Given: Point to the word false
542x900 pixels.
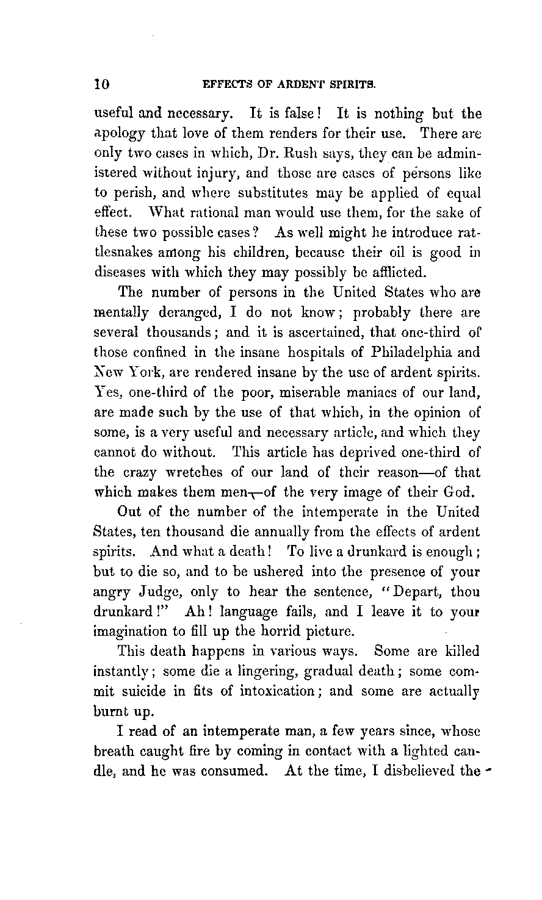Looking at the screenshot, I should pyautogui.click(x=287, y=114).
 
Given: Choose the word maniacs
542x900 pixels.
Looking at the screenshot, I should pyautogui.click(x=355, y=392).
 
